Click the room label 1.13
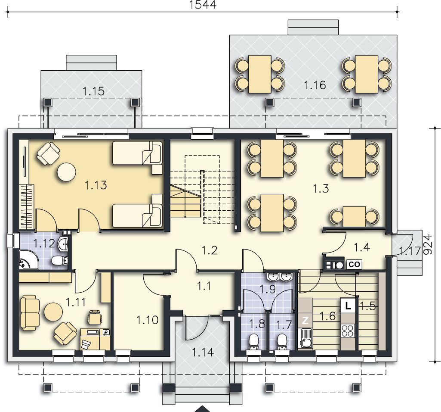coord(96,185)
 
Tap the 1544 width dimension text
coord(203,5)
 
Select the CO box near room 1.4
coord(354,264)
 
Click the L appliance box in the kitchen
coord(348,306)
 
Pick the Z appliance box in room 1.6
coord(305,320)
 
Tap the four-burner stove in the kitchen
coord(348,331)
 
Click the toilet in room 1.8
coord(254,342)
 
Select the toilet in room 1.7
coord(281,342)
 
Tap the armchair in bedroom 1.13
coord(48,153)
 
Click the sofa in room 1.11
coord(30,313)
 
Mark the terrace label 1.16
coord(315,85)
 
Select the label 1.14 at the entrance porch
coord(203,352)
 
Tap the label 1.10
coord(148,320)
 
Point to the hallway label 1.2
coord(210,250)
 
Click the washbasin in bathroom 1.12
coord(63,244)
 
